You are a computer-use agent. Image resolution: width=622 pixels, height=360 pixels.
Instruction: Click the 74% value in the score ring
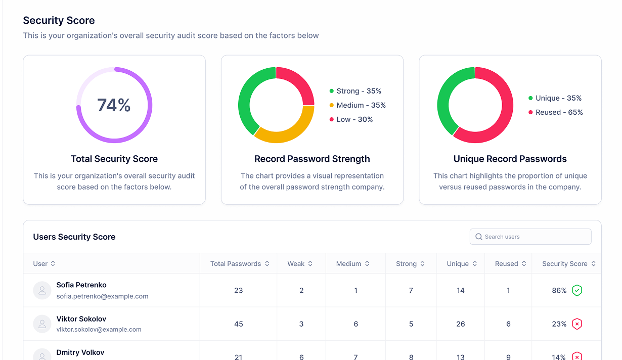[114, 105]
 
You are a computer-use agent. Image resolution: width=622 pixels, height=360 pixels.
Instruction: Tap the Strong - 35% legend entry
[355, 91]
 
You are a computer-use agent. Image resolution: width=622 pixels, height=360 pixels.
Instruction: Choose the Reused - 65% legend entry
[555, 112]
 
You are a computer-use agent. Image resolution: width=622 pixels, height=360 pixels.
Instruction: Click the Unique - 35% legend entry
[555, 98]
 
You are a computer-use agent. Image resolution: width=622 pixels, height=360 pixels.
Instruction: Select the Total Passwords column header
[236, 264]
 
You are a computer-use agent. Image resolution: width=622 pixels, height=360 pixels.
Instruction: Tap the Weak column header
[296, 264]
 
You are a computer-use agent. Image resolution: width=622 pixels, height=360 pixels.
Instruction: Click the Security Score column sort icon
[593, 264]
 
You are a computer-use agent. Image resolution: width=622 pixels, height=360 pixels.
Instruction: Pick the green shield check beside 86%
[577, 290]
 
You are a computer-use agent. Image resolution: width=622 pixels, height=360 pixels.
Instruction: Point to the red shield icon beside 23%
[577, 324]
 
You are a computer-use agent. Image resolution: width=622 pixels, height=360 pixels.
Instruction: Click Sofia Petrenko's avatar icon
[42, 290]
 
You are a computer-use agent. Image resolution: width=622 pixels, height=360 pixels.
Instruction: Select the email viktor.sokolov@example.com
[99, 330]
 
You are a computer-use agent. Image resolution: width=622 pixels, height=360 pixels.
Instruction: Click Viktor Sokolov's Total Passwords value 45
[239, 324]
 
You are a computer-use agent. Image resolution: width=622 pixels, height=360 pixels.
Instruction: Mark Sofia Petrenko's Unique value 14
[460, 290]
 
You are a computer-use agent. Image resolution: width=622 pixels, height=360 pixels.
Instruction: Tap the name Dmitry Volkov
[81, 352]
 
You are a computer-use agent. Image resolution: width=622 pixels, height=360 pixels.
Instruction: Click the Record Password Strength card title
[312, 159]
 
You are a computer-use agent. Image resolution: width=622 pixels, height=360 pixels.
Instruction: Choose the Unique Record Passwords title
[510, 159]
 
